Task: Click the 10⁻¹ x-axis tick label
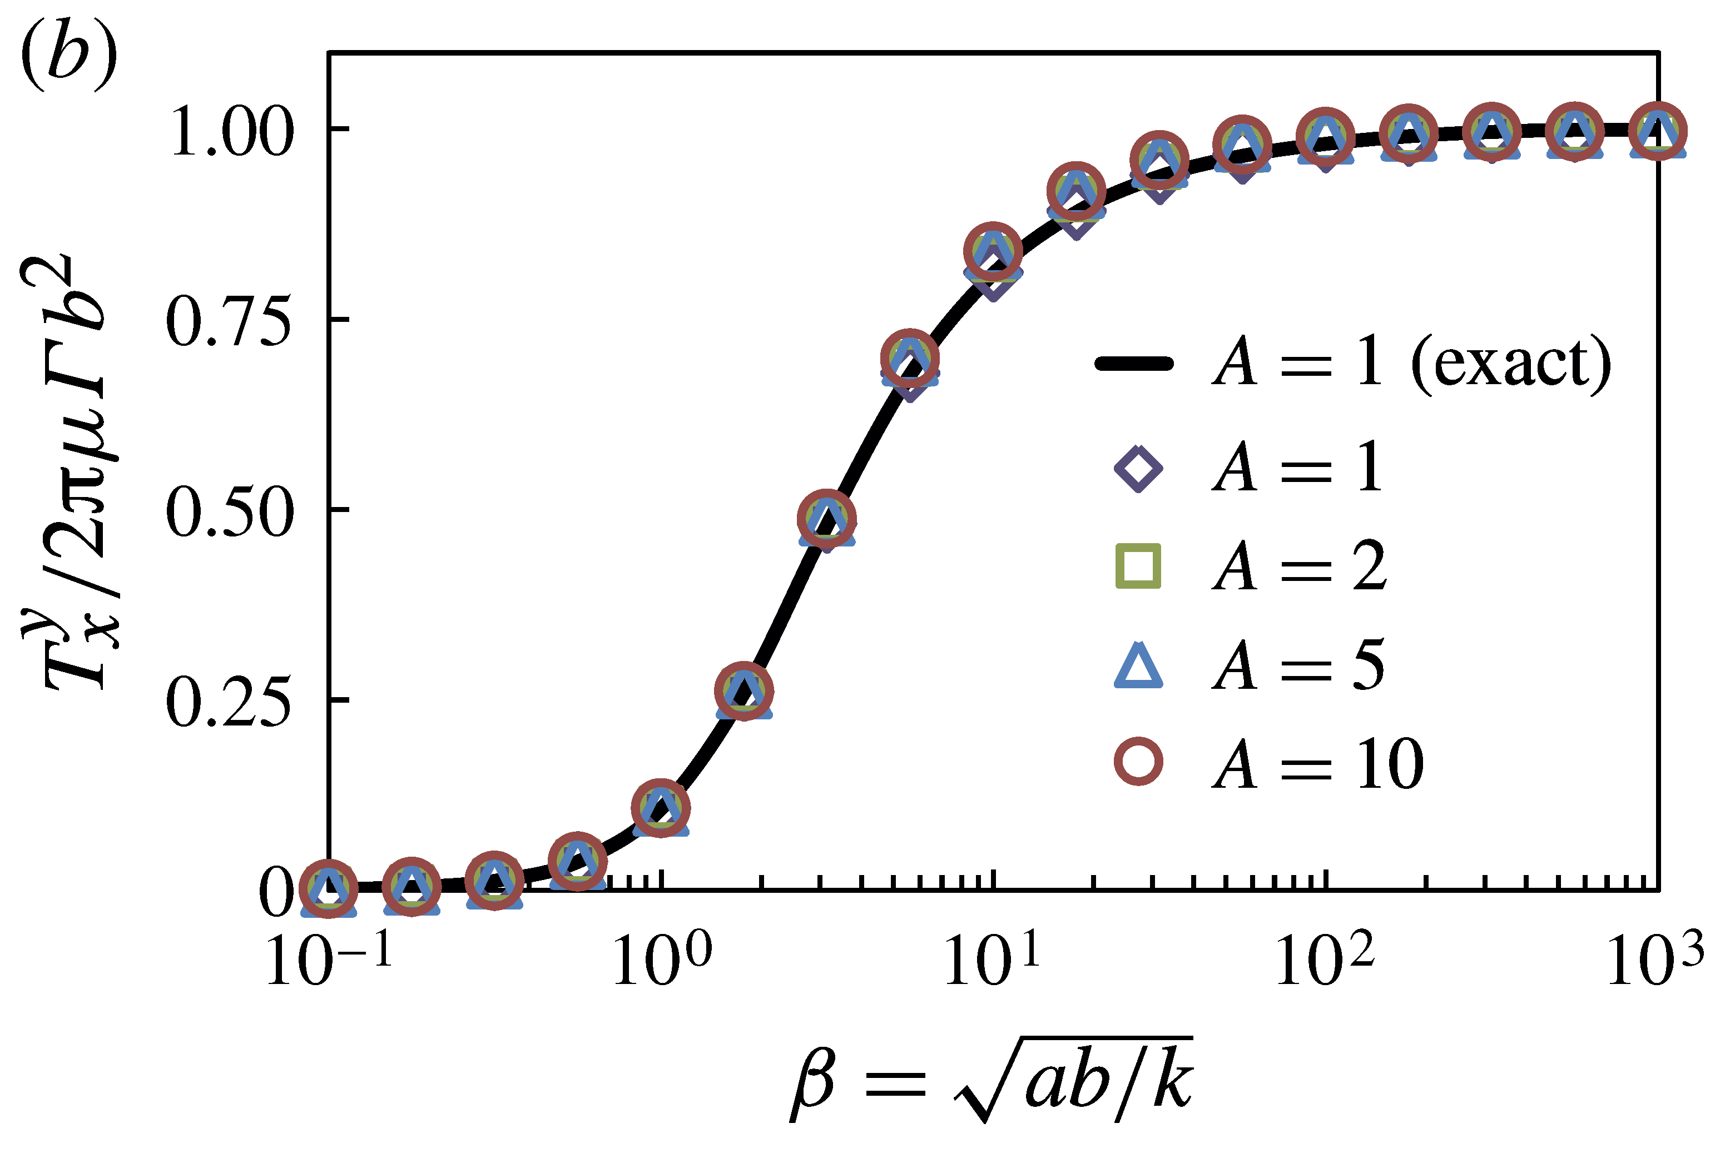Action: tap(329, 960)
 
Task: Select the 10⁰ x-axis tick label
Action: tap(661, 960)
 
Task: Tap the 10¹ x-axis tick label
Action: tap(992, 960)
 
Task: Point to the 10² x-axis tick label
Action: tap(1325, 960)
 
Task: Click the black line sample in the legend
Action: tap(1134, 364)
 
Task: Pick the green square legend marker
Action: tap(1138, 566)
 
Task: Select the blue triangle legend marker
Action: tap(1138, 665)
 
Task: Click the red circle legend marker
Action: tap(1138, 763)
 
